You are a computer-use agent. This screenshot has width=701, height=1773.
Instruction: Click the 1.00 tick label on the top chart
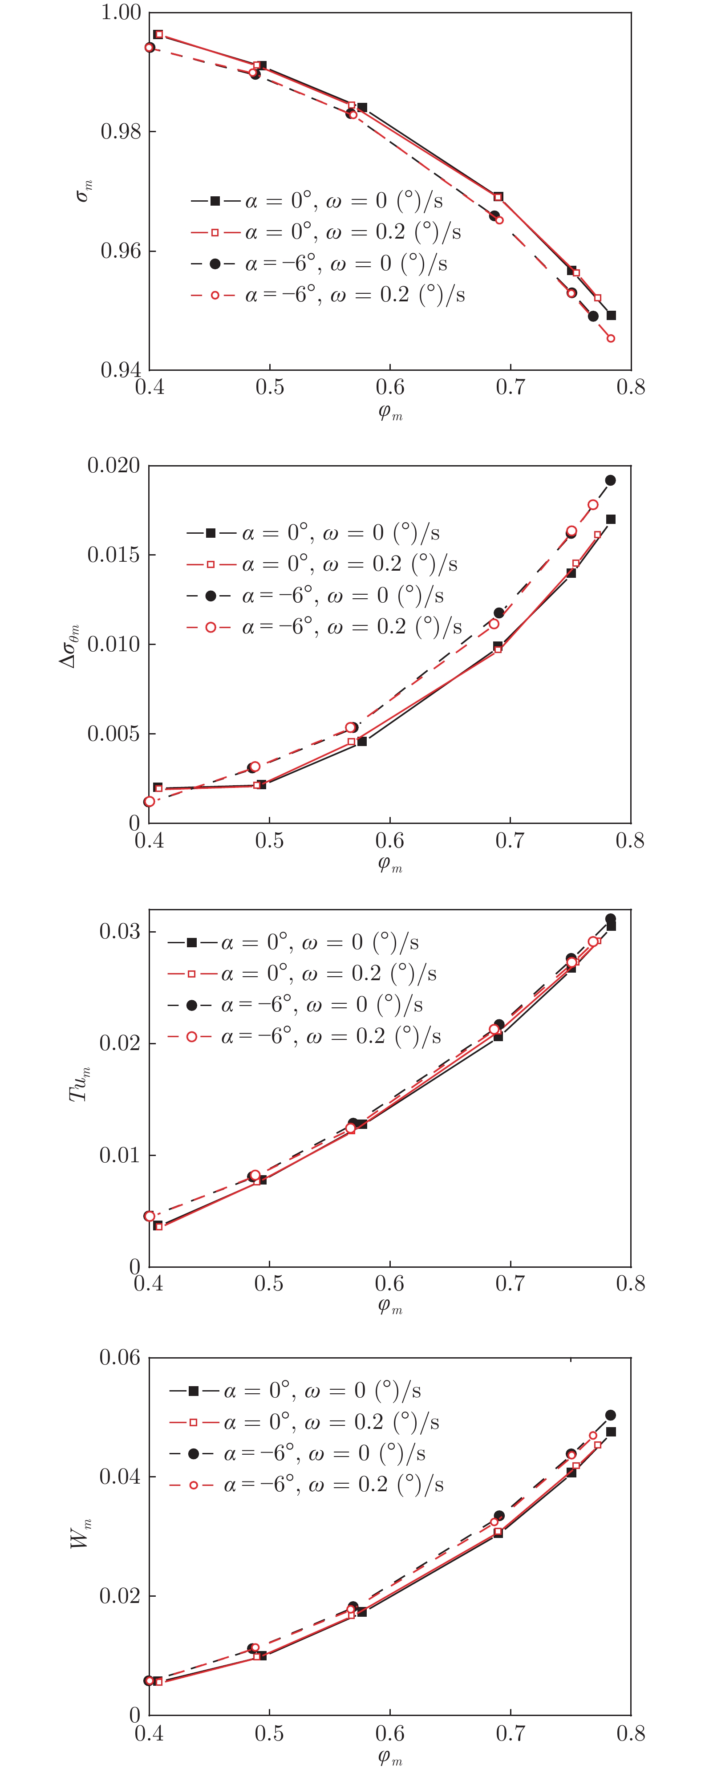pyautogui.click(x=121, y=12)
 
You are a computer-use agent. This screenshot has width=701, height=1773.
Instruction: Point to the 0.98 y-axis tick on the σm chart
pyautogui.click(x=121, y=131)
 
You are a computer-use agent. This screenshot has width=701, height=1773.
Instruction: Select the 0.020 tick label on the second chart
pyautogui.click(x=113, y=466)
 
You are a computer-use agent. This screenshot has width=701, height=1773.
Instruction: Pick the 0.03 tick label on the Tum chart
pyautogui.click(x=120, y=931)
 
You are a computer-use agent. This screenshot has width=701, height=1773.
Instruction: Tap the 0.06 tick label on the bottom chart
pyautogui.click(x=120, y=1357)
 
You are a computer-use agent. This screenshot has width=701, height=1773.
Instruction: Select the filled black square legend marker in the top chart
pyautogui.click(x=215, y=201)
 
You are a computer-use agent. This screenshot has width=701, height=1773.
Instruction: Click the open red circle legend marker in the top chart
pyautogui.click(x=215, y=295)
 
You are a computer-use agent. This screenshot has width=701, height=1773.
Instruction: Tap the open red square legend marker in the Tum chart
pyautogui.click(x=192, y=974)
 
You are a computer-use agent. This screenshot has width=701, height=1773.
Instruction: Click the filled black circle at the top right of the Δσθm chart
pyautogui.click(x=610, y=480)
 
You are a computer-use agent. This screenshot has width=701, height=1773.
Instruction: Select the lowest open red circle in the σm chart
pyautogui.click(x=611, y=339)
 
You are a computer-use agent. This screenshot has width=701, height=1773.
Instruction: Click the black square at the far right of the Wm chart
pyautogui.click(x=611, y=1432)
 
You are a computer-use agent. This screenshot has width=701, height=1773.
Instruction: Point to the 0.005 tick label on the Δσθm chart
pyautogui.click(x=113, y=734)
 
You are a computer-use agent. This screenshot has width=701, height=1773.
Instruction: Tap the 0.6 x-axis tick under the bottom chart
pyautogui.click(x=390, y=1732)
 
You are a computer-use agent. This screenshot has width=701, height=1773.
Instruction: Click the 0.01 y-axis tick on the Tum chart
pyautogui.click(x=120, y=1155)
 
